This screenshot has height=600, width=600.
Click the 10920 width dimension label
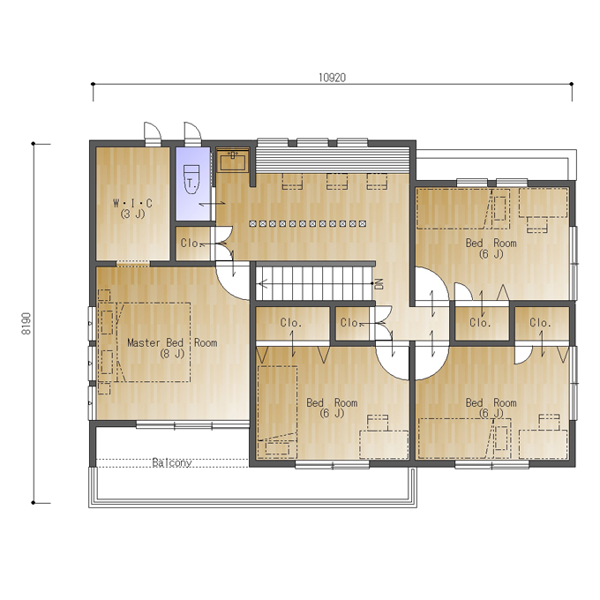click(332, 78)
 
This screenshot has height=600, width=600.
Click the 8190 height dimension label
click(26, 324)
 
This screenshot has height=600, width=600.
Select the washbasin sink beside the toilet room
click(233, 161)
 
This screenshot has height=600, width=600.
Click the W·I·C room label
click(132, 203)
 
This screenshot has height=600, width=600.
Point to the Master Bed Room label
click(172, 342)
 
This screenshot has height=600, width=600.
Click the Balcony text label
click(172, 462)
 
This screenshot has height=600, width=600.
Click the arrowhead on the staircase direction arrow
click(261, 283)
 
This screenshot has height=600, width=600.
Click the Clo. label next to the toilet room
click(191, 244)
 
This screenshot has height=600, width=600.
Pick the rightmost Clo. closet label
click(540, 323)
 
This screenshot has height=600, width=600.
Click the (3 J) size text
click(132, 214)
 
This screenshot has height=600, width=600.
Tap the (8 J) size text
click(172, 354)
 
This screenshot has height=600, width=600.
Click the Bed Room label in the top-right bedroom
click(491, 243)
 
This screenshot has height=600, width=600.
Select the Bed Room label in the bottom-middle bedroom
click(332, 402)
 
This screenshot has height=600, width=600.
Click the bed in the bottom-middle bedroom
click(277, 412)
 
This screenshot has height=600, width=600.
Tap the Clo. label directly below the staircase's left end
click(291, 323)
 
